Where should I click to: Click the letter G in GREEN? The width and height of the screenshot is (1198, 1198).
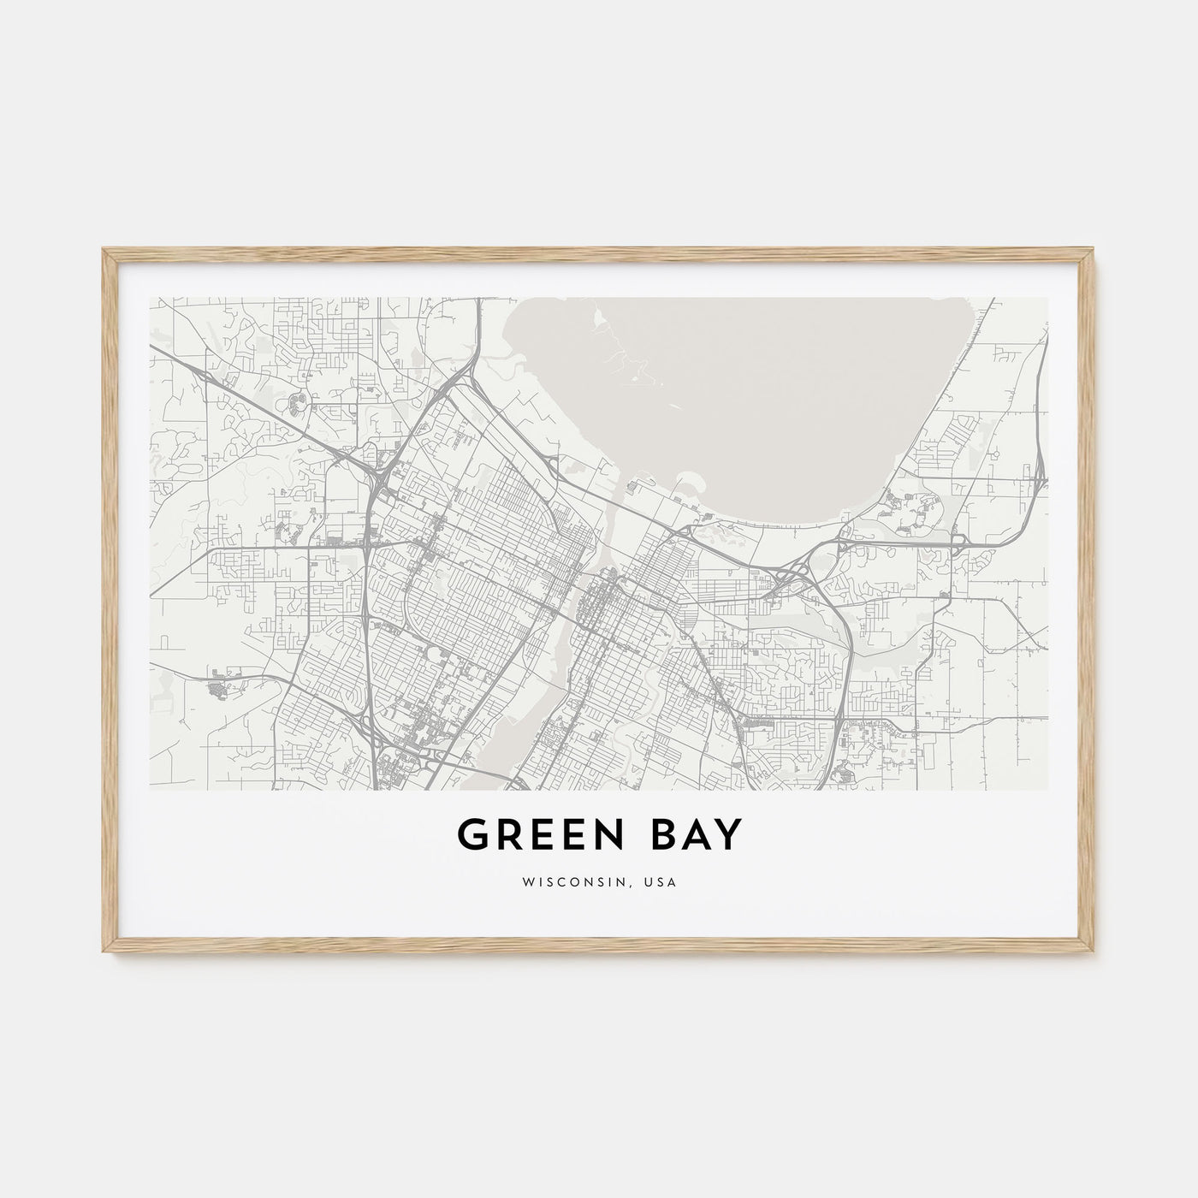473,835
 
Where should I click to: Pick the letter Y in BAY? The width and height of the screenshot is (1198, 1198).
725,835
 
